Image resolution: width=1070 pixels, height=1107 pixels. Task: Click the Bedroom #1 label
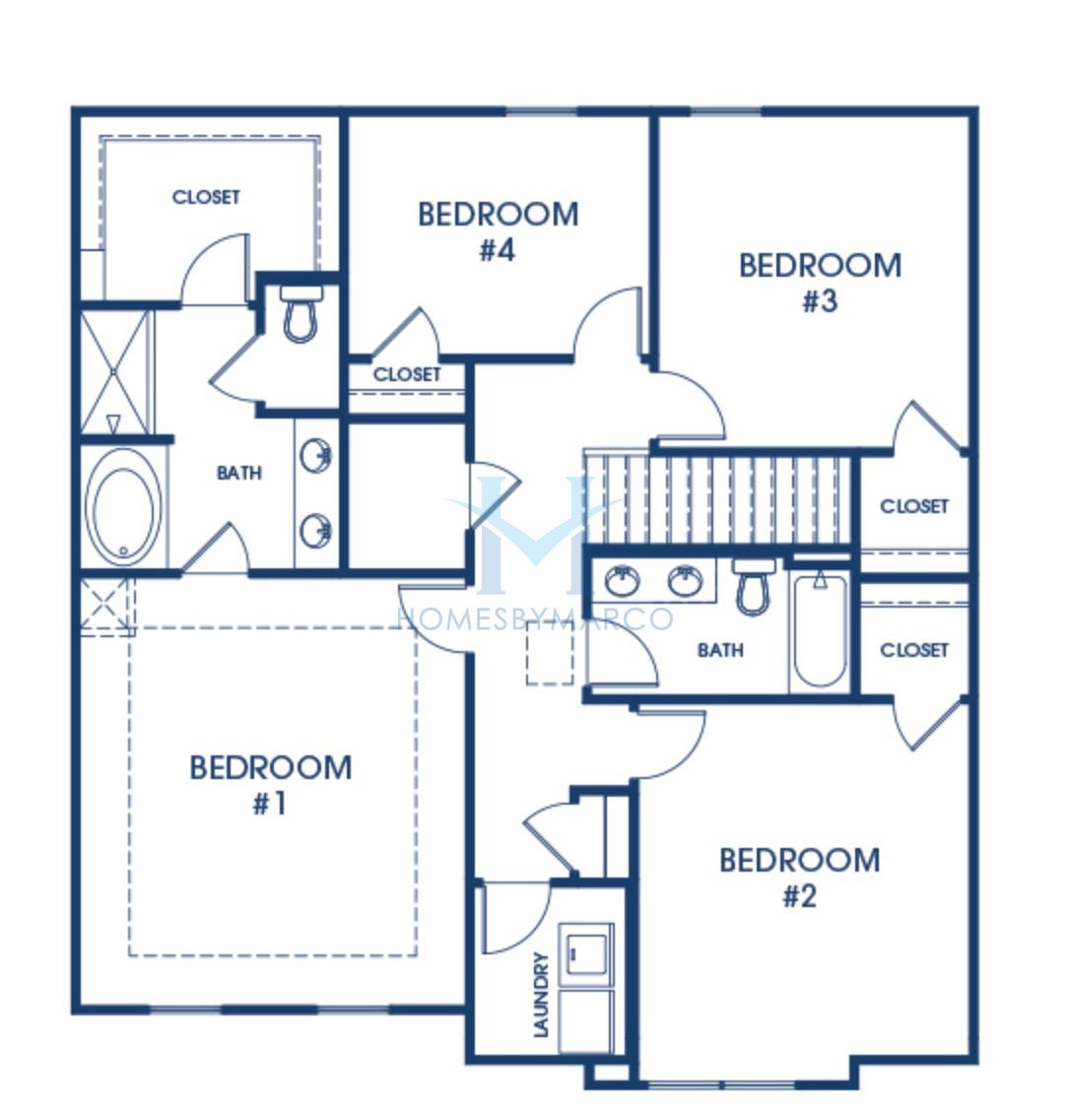271,785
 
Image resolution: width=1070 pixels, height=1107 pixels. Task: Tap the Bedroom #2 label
799,878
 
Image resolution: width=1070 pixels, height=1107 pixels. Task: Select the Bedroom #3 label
820,283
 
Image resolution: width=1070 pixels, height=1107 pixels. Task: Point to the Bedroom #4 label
498,230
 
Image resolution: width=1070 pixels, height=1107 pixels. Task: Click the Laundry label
541,994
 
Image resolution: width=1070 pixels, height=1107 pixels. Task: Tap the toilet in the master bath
301,313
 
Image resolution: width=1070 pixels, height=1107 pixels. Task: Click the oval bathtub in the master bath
123,505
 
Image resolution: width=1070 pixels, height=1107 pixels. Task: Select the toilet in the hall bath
754,586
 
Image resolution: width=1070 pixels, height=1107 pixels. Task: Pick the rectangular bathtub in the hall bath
820,630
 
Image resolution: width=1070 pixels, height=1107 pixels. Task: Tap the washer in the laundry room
585,954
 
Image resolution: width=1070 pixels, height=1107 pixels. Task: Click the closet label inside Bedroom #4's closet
407,374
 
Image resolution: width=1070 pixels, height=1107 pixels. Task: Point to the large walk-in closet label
206,197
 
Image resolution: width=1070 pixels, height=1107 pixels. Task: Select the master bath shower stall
114,372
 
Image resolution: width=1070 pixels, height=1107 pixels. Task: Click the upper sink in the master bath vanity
315,455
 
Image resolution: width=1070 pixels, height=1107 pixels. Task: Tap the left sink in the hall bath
623,580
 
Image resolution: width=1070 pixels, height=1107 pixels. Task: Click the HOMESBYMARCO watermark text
535,619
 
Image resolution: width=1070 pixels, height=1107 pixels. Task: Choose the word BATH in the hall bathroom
720,649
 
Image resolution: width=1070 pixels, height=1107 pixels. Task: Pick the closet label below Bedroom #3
914,506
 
